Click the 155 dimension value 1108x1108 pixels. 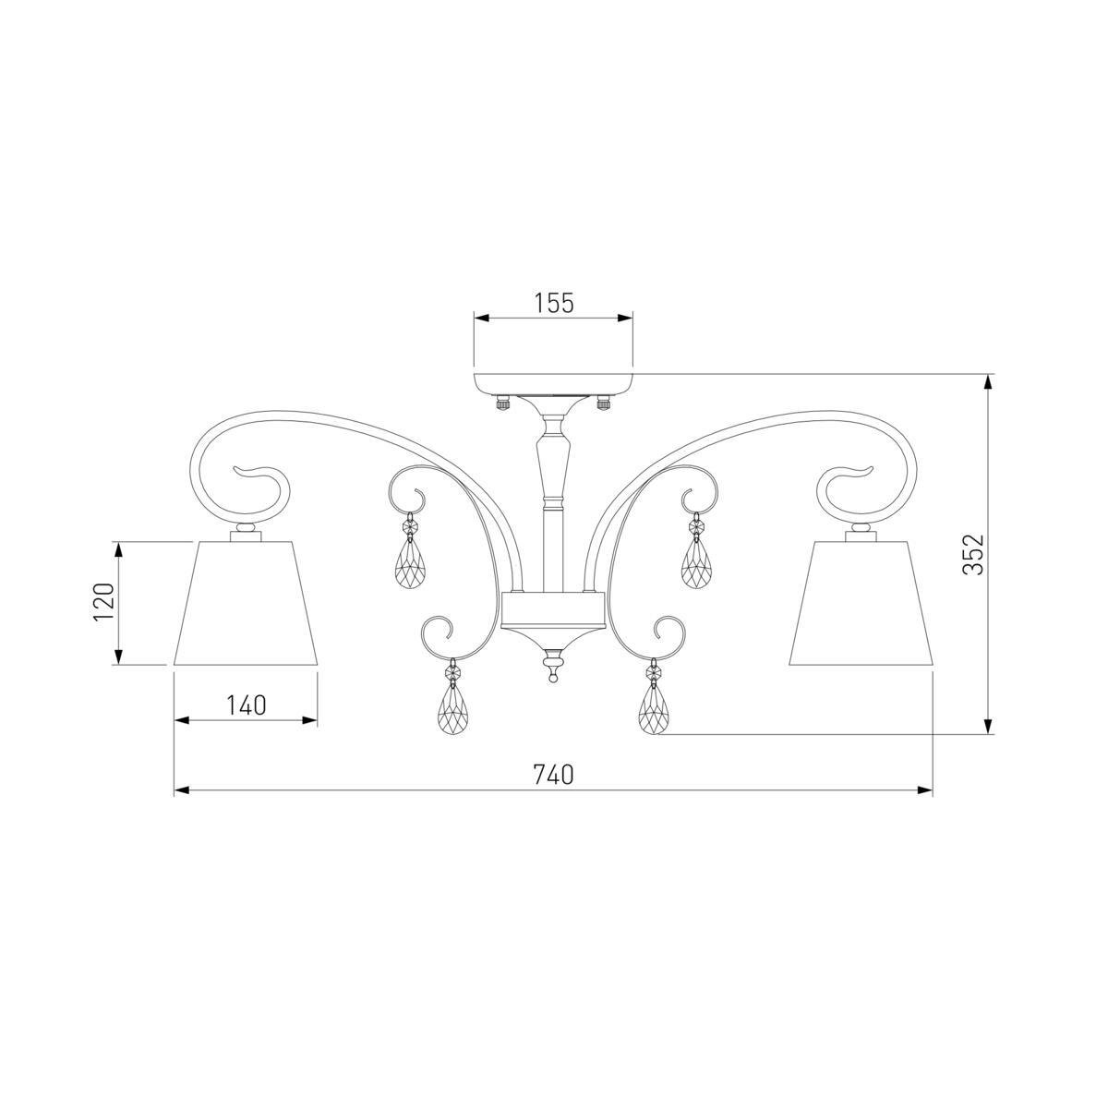tap(554, 303)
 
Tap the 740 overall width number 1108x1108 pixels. tap(554, 775)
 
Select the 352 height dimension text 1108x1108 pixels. tap(974, 554)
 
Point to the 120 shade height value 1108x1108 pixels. tap(104, 602)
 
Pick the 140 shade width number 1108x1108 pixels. tap(246, 705)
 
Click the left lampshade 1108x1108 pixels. tap(246, 603)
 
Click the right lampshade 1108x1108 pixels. tap(861, 603)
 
